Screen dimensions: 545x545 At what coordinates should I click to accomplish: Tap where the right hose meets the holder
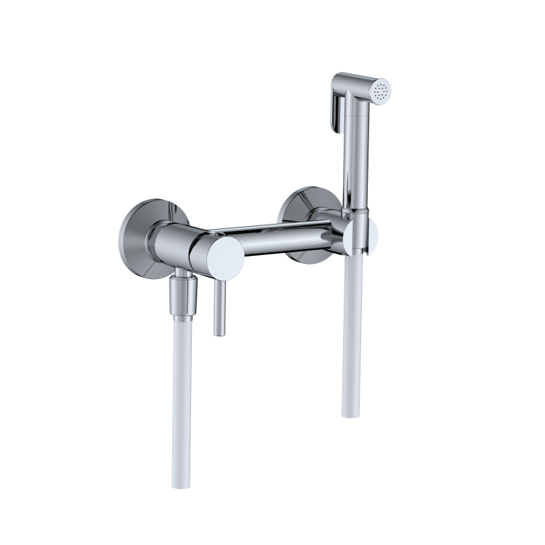[x=355, y=251]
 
